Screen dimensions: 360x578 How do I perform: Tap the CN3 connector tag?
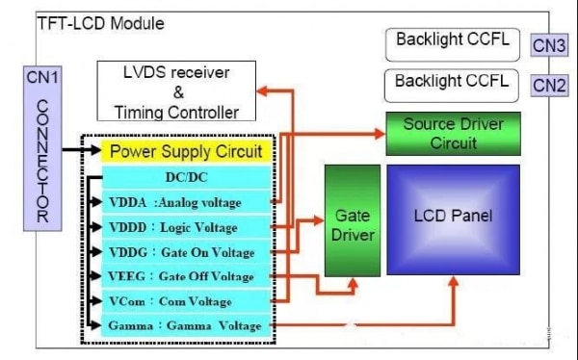pyautogui.click(x=549, y=44)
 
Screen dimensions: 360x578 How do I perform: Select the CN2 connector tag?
pyautogui.click(x=549, y=86)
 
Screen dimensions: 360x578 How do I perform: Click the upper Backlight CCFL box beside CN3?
pyautogui.click(x=453, y=42)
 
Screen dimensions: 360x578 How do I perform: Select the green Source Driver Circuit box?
pyautogui.click(x=453, y=134)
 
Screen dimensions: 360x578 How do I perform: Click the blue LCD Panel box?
pyautogui.click(x=453, y=216)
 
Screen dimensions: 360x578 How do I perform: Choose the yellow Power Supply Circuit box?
pyautogui.click(x=185, y=151)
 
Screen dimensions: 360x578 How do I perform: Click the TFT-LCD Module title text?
pyautogui.click(x=100, y=23)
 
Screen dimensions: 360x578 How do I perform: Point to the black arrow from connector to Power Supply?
pyautogui.click(x=77, y=150)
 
